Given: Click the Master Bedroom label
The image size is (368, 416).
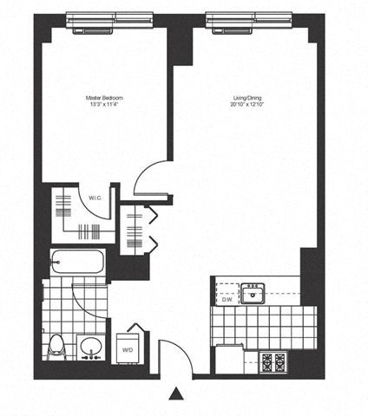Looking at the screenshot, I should click(103, 98).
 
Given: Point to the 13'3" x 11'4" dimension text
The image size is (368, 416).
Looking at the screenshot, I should click(103, 106).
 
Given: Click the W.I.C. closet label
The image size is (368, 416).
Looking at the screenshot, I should click(95, 198).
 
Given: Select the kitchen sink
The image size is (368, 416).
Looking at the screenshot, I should click(253, 295).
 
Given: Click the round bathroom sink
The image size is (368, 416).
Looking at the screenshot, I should click(90, 348).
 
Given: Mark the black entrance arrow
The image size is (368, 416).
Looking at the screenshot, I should click(177, 394).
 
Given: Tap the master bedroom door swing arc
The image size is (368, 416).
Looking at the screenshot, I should click(148, 177).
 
